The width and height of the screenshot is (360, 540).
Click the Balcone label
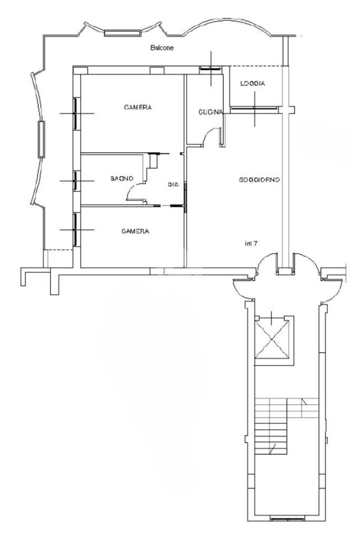[162, 48]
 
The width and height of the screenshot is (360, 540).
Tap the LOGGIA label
[252, 83]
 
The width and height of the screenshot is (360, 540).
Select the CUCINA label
[211, 112]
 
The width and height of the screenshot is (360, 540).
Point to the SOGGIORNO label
[259, 180]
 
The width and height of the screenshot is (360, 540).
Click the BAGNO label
[122, 178]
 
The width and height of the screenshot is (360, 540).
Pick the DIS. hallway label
[174, 185]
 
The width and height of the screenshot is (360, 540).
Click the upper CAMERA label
[138, 108]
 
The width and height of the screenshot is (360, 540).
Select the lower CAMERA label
[135, 232]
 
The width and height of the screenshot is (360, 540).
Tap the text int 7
[251, 244]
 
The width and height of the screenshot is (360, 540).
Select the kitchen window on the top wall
[211, 69]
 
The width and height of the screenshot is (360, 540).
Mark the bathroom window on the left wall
[75, 180]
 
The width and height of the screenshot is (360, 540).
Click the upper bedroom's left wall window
[75, 114]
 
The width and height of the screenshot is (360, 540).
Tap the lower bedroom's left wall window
[75, 230]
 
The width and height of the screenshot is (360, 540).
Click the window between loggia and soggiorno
[254, 109]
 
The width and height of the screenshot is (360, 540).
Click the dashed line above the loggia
[256, 66]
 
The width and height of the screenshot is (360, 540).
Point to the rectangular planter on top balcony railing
[122, 33]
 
